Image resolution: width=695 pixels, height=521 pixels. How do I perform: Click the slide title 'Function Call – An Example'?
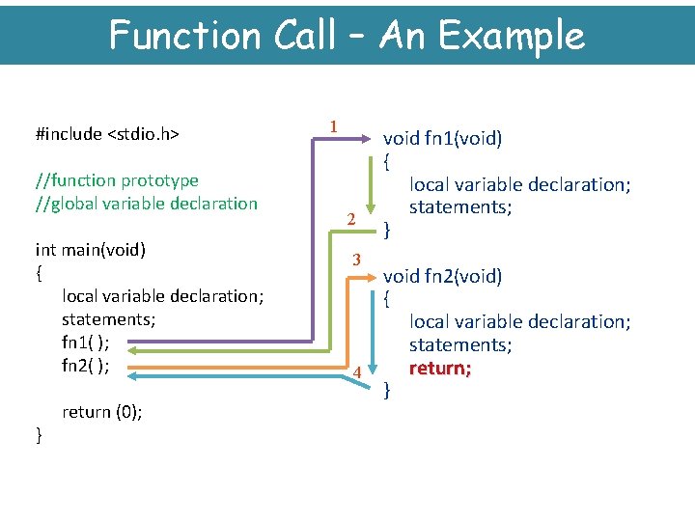pos(347,35)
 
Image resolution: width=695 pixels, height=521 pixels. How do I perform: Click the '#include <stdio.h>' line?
pos(108,134)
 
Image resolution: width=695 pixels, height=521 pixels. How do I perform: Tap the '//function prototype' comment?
pos(117,180)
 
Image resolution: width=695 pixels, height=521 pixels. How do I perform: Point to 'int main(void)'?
pos(90,250)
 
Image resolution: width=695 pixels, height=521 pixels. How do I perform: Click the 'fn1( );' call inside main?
pos(85,343)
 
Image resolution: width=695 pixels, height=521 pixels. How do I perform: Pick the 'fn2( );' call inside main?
pos(85,366)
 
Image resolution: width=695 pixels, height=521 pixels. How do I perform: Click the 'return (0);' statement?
pos(102,412)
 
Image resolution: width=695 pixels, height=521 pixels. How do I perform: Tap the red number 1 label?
pos(333,126)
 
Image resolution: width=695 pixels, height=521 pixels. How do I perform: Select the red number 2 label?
pos(351,221)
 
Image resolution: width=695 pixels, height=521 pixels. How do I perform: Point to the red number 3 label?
pos(356,260)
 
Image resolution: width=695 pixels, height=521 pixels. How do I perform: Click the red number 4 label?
pos(356,372)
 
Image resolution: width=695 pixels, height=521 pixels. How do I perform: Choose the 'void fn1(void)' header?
pos(443,138)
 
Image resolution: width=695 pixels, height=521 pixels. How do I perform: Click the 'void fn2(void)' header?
pos(443,277)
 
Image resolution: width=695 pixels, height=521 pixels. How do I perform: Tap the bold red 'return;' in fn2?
pos(440,368)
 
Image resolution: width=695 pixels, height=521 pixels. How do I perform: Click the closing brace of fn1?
pos(387,231)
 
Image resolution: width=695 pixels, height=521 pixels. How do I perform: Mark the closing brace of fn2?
pos(387,391)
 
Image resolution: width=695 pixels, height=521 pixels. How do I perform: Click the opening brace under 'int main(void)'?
pos(38,273)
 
